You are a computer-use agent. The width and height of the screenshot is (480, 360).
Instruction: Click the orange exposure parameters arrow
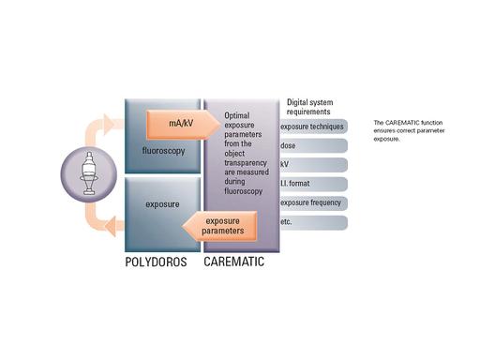(217, 226)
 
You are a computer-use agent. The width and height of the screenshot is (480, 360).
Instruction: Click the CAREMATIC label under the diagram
(235, 262)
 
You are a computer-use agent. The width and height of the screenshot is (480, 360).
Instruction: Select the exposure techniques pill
(311, 126)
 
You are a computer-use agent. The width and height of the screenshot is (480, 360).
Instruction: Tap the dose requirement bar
(311, 145)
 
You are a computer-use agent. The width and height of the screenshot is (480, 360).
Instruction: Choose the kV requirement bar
(311, 164)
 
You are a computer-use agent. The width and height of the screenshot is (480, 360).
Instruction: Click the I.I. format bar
(311, 184)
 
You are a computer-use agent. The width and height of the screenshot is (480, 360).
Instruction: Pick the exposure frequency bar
(311, 202)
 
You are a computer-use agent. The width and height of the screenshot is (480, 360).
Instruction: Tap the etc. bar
(311, 222)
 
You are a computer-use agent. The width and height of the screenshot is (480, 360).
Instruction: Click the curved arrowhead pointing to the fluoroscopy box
(111, 123)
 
